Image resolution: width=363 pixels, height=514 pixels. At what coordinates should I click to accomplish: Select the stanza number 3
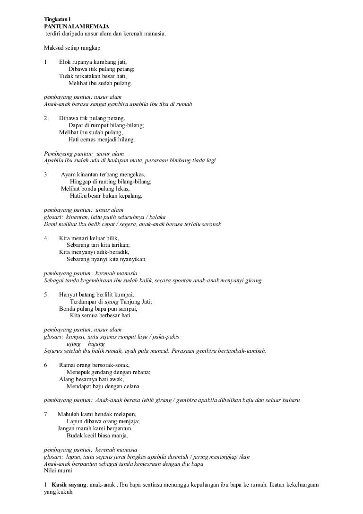(x=45, y=174)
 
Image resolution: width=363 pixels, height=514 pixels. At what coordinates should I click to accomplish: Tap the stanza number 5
(x=45, y=295)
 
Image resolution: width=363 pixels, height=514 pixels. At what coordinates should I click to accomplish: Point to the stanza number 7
(x=45, y=414)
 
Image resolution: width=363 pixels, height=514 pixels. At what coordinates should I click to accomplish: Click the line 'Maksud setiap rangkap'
(x=71, y=48)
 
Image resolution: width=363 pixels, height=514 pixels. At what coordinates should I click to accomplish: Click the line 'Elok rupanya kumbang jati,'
(x=93, y=62)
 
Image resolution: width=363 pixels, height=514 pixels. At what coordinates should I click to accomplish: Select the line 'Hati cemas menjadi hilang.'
(x=101, y=140)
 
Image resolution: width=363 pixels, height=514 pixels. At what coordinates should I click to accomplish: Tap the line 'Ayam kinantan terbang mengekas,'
(x=103, y=174)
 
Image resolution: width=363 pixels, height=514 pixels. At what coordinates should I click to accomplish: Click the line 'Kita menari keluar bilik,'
(x=89, y=238)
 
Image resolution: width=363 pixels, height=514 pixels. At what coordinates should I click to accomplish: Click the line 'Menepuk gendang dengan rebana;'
(x=109, y=372)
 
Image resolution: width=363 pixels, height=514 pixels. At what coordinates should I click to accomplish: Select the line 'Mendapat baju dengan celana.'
(x=104, y=386)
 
